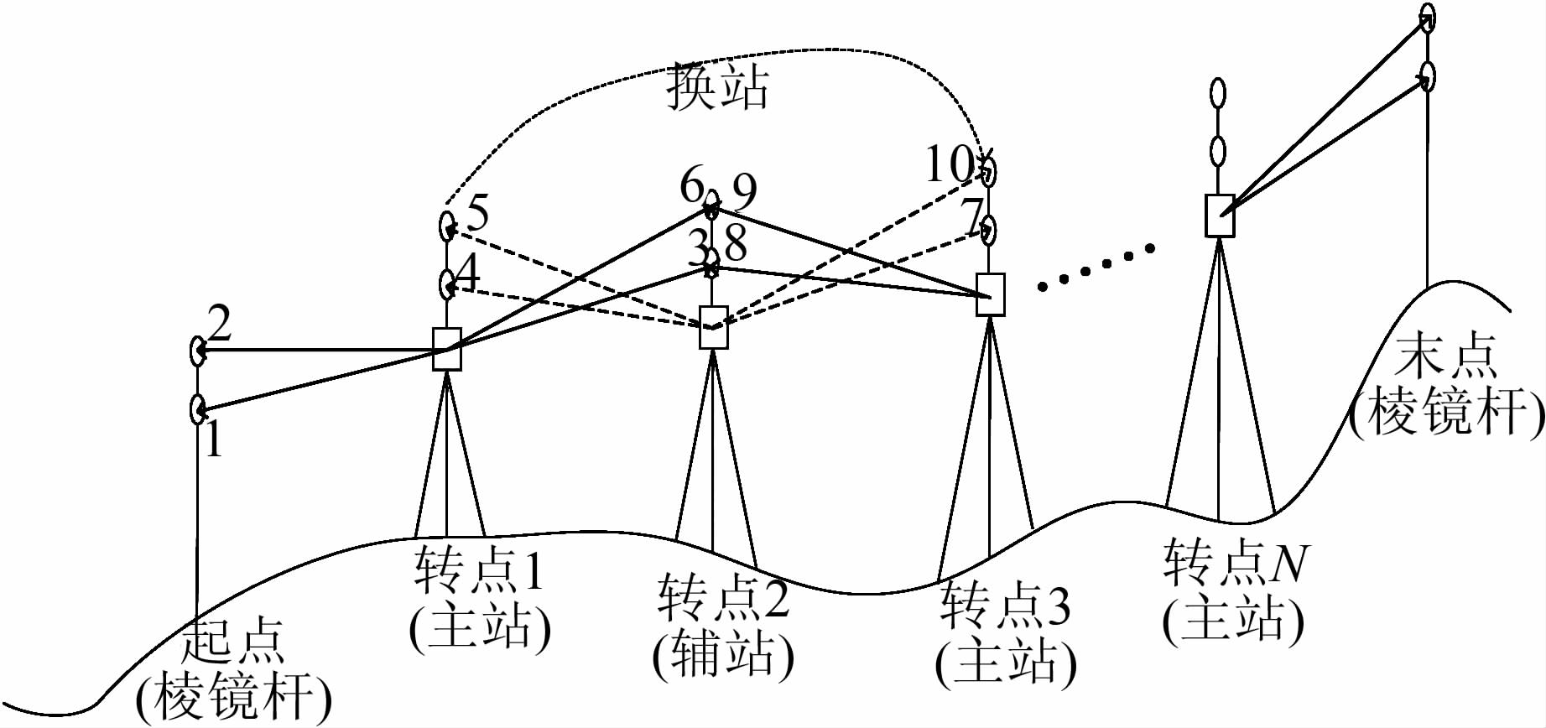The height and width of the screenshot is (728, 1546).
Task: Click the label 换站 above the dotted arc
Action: (717, 86)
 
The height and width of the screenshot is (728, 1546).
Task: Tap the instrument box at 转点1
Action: (447, 348)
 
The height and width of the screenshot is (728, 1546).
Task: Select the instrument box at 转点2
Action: (713, 327)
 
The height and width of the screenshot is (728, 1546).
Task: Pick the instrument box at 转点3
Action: (991, 294)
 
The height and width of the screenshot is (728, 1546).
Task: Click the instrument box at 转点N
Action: (1220, 216)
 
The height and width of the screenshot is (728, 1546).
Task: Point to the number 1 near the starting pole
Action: (214, 439)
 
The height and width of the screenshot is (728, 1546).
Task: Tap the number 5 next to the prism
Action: (476, 213)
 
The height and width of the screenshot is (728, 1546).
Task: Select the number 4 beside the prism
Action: (467, 273)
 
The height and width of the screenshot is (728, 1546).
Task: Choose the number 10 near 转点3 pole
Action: (950, 164)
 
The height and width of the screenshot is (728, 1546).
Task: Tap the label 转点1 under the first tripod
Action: (479, 570)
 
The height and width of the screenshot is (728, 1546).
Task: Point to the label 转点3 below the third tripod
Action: (1004, 606)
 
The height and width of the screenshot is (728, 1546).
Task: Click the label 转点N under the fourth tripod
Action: (1235, 562)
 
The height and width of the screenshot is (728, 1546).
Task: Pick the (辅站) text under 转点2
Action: (723, 654)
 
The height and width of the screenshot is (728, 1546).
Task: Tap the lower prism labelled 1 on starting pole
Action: (198, 409)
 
